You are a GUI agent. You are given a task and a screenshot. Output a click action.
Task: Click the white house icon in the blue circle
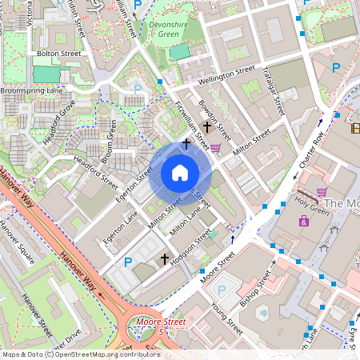(x=180, y=172)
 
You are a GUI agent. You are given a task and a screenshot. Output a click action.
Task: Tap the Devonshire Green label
(x=170, y=30)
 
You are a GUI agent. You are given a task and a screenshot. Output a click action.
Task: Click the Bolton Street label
(x=59, y=53)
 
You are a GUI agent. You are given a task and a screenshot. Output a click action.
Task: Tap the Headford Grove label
(x=60, y=119)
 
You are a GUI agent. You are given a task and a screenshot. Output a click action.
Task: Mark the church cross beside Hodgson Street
(x=166, y=259)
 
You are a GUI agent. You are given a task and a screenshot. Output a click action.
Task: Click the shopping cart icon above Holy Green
(x=322, y=191)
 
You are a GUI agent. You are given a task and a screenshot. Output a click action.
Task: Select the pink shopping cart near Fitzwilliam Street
(x=215, y=148)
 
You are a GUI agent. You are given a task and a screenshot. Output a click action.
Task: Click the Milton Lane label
(x=186, y=224)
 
